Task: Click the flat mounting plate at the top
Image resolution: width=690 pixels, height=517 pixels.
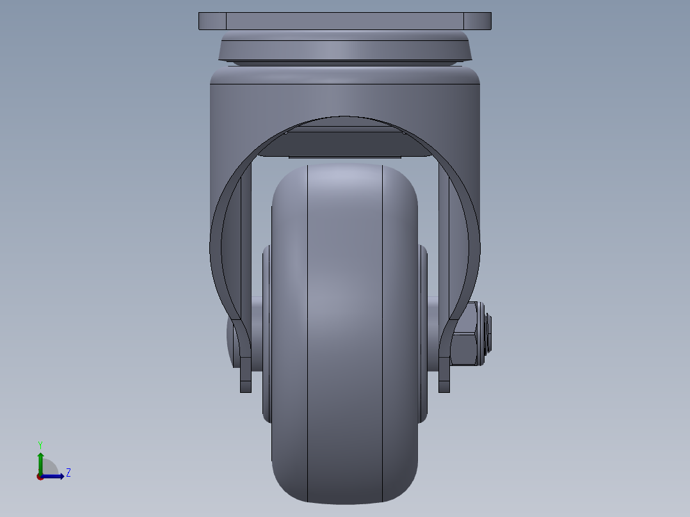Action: (344, 21)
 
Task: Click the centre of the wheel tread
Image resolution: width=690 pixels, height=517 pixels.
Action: (344, 333)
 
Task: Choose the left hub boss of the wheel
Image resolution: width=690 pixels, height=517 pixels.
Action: (266, 333)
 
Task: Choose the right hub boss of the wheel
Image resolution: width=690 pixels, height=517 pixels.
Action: (423, 333)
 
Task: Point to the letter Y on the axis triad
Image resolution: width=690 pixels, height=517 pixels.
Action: (40, 445)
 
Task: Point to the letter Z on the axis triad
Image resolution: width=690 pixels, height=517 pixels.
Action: (68, 473)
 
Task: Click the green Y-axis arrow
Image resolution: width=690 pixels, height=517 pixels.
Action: (40, 461)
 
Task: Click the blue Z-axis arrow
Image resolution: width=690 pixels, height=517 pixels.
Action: (54, 476)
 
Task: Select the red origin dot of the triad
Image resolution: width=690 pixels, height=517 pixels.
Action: (40, 477)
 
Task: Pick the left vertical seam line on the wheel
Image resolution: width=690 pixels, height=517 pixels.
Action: (308, 333)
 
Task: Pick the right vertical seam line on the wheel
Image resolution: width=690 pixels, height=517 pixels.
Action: (383, 333)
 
